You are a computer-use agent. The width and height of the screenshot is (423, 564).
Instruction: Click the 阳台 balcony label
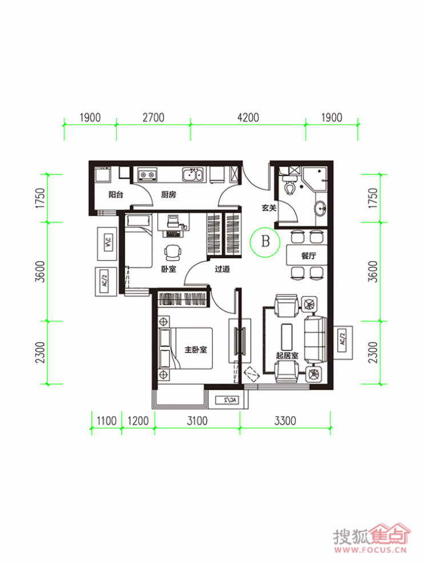click(116, 195)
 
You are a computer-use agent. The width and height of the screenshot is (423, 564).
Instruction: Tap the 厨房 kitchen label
click(168, 195)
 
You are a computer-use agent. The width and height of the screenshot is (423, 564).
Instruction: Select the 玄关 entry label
click(269, 208)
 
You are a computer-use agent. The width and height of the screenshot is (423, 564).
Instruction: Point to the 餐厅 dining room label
click(309, 256)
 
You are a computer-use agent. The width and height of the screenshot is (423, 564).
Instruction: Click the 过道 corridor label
click(222, 269)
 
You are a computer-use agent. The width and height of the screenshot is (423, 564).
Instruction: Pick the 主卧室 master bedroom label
click(195, 350)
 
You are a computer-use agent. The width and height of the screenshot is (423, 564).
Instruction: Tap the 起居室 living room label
click(287, 356)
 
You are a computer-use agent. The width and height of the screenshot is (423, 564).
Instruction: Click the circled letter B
click(265, 242)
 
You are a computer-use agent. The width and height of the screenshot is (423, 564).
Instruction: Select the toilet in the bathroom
click(289, 185)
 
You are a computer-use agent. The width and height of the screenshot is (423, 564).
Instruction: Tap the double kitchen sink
click(193, 175)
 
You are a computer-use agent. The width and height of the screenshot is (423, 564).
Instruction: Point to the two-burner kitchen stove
click(147, 174)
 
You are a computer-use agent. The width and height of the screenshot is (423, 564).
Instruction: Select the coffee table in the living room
click(287, 336)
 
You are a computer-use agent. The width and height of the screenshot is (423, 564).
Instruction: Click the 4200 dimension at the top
click(248, 118)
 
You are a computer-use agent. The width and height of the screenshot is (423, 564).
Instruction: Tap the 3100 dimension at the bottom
click(197, 421)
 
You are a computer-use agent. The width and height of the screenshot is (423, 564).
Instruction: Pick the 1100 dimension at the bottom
click(106, 421)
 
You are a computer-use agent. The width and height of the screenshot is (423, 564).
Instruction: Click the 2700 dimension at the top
click(153, 118)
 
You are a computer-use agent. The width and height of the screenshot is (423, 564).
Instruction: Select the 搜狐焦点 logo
click(371, 537)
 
